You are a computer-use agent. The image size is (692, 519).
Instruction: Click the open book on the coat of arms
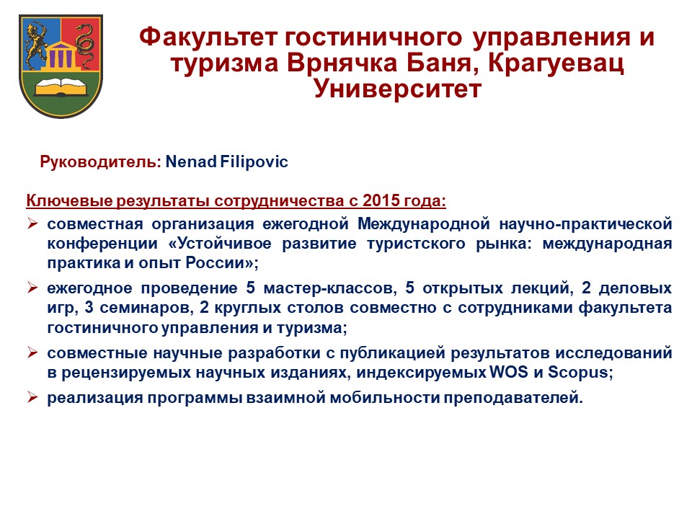tap(61, 87)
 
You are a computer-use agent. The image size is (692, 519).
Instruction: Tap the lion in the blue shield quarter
tap(37, 45)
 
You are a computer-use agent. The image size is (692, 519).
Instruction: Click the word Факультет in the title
tap(208, 37)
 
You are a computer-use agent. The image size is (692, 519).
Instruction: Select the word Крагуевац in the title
tap(556, 63)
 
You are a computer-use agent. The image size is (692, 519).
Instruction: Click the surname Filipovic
tap(254, 161)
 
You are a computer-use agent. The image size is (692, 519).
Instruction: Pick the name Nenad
tap(191, 161)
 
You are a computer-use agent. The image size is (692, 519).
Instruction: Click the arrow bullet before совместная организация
tap(32, 223)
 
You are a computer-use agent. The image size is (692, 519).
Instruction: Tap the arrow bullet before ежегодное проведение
tap(32, 288)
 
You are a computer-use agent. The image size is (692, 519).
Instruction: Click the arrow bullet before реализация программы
tap(32, 397)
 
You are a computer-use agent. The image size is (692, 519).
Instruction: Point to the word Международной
tap(424, 223)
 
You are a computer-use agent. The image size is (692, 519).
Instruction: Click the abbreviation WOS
tap(508, 372)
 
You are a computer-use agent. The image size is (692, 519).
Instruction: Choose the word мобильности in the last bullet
tap(384, 398)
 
